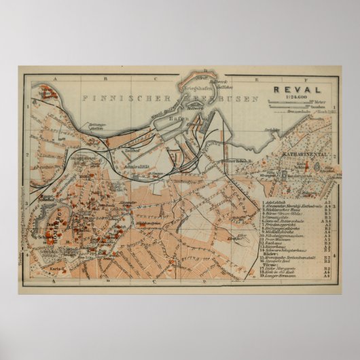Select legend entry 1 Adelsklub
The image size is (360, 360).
(277, 202)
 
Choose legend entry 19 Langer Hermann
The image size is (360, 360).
(281, 276)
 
